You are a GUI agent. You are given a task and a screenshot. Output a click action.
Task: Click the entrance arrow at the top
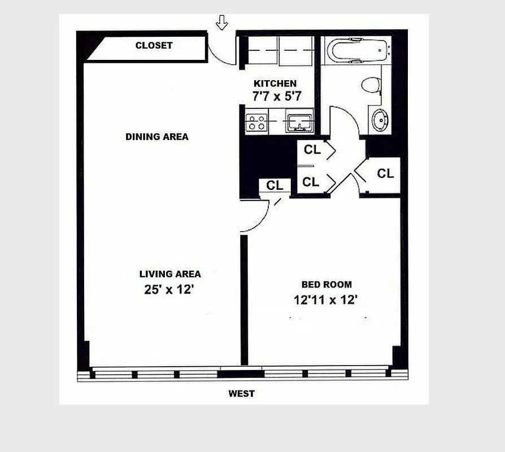(222, 23)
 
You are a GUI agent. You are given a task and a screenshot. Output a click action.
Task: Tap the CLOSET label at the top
(154, 45)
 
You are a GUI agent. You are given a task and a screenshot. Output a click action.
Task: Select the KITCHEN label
(275, 84)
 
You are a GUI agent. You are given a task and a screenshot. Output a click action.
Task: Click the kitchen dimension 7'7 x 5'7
(277, 97)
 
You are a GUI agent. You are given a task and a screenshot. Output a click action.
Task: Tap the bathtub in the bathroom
(356, 51)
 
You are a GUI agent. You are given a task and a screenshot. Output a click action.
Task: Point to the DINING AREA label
(156, 137)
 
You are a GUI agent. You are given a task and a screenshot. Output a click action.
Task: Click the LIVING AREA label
(170, 274)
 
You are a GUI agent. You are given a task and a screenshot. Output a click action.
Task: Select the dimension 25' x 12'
(169, 290)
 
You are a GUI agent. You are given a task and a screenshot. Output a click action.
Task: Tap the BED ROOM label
(326, 285)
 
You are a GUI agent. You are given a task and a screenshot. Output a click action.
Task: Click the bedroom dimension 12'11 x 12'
(326, 299)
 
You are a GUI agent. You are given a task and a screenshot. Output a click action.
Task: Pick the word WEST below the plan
(241, 394)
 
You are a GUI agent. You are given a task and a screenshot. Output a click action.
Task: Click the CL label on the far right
(385, 173)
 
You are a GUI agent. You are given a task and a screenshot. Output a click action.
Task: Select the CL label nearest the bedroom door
(275, 185)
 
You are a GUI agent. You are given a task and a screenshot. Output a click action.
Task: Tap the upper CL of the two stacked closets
(311, 150)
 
